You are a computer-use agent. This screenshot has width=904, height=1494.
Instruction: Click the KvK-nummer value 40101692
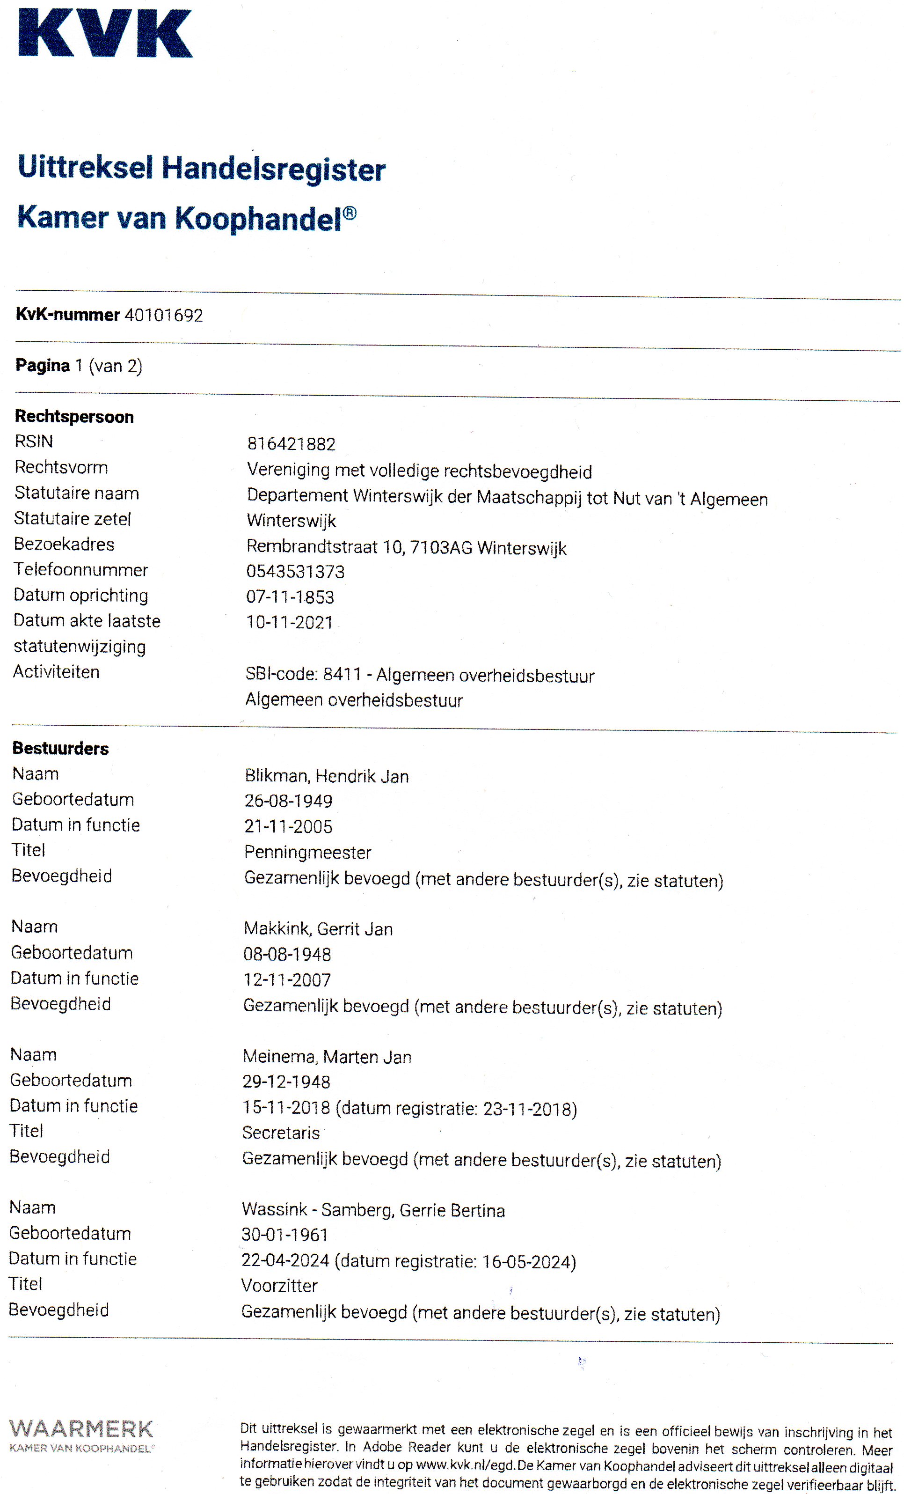[164, 315]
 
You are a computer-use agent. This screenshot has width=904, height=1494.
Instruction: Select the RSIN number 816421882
[291, 444]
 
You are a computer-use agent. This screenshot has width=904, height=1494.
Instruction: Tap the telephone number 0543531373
[295, 572]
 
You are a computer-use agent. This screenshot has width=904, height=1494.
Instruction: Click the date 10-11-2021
[289, 623]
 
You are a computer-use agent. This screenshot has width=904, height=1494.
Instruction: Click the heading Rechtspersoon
[74, 417]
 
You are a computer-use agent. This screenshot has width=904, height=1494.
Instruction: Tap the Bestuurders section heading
[60, 748]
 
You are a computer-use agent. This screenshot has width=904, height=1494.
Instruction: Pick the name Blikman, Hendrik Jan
[327, 776]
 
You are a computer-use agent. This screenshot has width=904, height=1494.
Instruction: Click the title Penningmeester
[307, 853]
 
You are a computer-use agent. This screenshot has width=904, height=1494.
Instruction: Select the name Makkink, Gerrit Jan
[318, 929]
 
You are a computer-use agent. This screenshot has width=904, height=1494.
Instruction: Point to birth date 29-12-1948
[286, 1082]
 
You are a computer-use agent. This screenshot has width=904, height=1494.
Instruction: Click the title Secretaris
[281, 1133]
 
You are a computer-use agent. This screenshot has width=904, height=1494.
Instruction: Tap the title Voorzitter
[279, 1286]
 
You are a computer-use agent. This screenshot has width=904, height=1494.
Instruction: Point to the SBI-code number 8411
[342, 674]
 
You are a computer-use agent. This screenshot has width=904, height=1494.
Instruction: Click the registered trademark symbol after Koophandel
[350, 213]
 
